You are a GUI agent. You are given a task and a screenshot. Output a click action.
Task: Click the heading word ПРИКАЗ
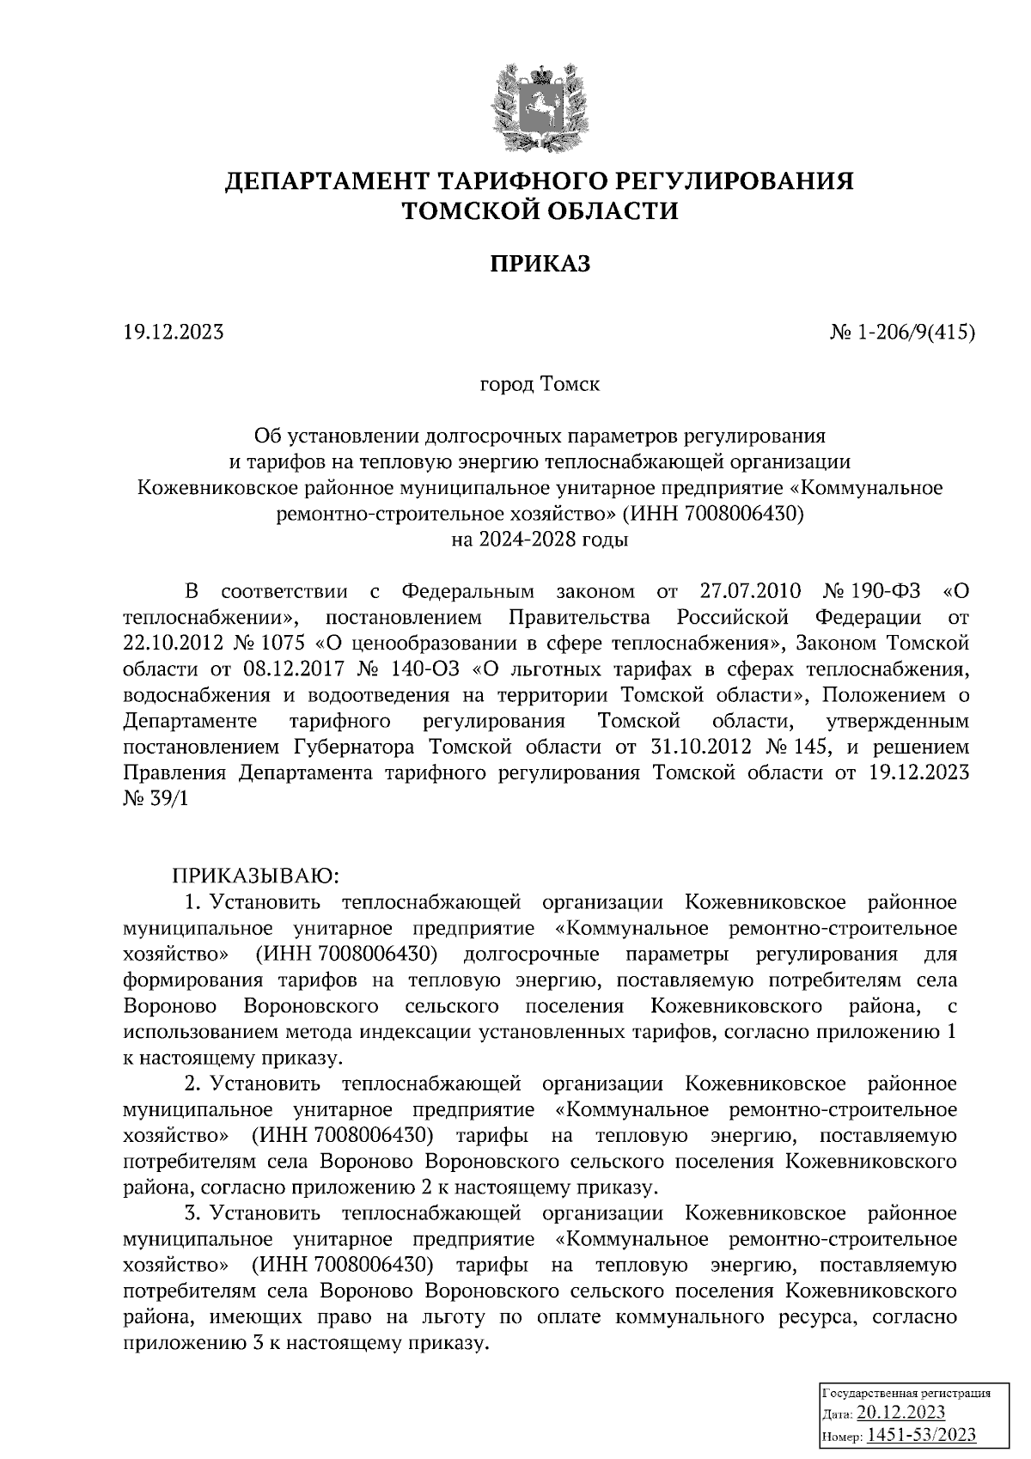point(540,264)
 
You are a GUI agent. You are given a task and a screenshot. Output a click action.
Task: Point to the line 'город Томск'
point(540,384)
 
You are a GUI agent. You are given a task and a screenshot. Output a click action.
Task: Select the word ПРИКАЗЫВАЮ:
point(258,876)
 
